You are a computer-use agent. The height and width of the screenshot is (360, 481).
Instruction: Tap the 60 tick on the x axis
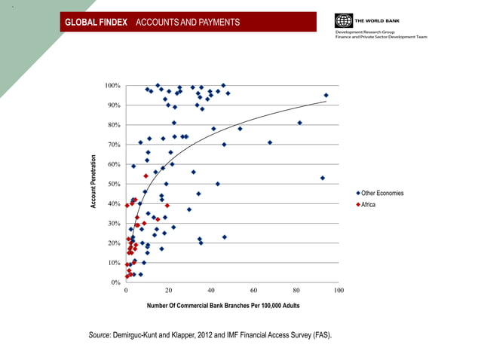point(253,291)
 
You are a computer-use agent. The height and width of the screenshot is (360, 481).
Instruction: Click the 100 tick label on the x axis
point(339,291)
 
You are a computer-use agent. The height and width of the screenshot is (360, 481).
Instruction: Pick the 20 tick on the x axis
point(168,291)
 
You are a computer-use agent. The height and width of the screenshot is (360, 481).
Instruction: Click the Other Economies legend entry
point(382,194)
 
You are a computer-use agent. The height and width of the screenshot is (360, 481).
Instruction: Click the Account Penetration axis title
point(94,182)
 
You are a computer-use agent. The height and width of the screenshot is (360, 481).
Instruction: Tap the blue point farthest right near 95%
point(326,96)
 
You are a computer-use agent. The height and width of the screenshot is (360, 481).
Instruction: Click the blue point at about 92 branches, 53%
point(322,178)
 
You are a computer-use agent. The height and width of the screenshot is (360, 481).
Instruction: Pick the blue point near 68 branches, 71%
point(269,142)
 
